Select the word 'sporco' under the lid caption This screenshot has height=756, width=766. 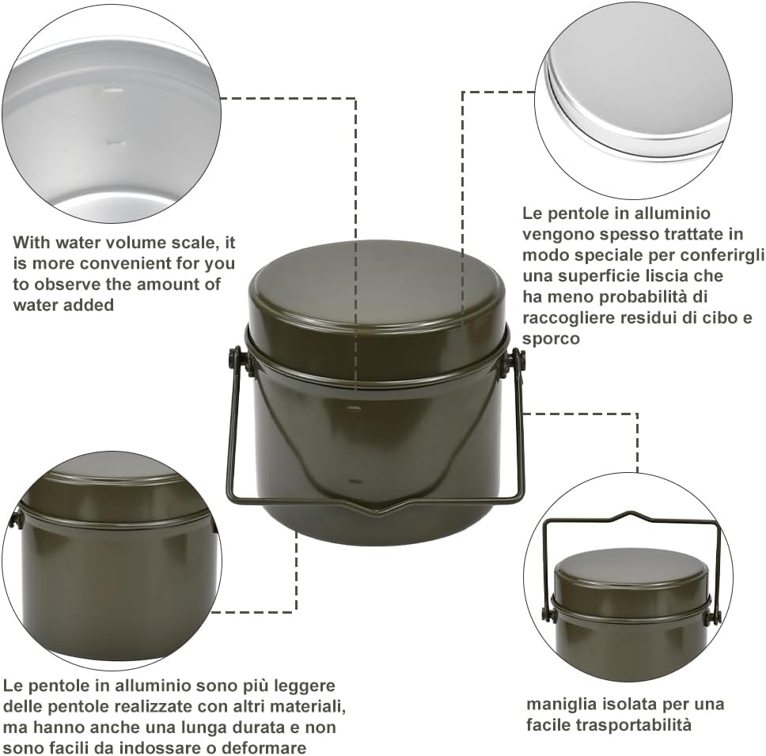(551, 338)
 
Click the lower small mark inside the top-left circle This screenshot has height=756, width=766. (113, 143)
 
